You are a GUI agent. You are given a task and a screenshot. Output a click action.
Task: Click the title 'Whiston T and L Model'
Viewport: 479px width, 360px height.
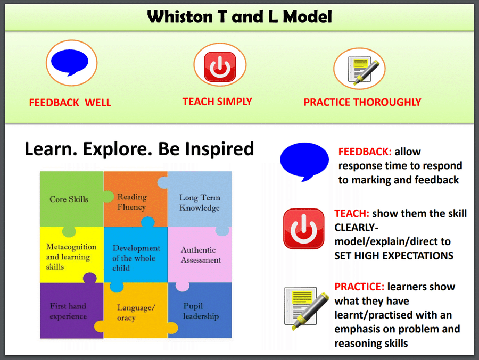[x=240, y=16]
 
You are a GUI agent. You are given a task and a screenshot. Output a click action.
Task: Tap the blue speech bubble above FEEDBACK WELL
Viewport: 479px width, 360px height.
[x=70, y=62]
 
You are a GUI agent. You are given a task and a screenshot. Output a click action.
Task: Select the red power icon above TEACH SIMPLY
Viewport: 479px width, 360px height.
[x=220, y=67]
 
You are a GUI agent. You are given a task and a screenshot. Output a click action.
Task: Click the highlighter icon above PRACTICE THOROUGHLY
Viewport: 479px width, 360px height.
[x=362, y=70]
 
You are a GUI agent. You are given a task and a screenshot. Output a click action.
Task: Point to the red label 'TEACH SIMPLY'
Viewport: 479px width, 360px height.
[x=217, y=102]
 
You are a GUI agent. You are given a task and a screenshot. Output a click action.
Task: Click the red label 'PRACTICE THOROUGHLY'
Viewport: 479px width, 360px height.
[x=362, y=102]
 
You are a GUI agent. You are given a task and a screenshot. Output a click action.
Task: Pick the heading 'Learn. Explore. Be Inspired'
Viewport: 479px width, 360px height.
[x=139, y=149]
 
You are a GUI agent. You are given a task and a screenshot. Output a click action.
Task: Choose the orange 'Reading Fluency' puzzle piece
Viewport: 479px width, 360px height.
[x=135, y=198]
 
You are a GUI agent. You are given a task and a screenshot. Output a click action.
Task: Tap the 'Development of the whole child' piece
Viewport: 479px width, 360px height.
[x=136, y=257]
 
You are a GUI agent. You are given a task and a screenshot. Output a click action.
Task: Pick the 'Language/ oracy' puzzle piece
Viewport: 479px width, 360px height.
[x=136, y=312]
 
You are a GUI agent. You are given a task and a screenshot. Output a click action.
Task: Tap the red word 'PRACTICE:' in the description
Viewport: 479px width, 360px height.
[x=359, y=287]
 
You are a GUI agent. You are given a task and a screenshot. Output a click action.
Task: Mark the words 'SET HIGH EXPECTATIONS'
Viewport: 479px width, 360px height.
[x=394, y=256]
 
